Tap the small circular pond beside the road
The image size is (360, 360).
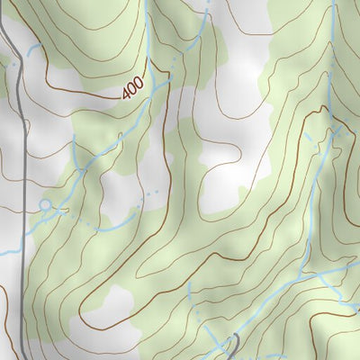(45, 205)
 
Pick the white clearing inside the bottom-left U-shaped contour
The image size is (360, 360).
(106, 306)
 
